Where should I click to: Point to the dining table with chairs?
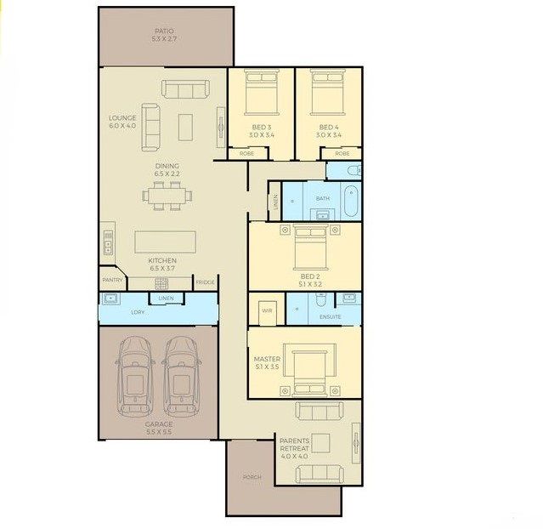point(167,197)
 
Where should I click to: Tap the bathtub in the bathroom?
point(352,202)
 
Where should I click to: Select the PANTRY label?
point(113,280)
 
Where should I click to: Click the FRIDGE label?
point(206,282)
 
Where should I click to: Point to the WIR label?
point(266,309)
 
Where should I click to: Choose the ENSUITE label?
point(330,317)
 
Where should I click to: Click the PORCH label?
point(252,477)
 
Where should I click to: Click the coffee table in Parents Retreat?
point(321,442)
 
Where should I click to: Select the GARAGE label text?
point(158,424)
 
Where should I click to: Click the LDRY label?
point(138,312)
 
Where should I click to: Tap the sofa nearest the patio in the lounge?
point(184,90)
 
